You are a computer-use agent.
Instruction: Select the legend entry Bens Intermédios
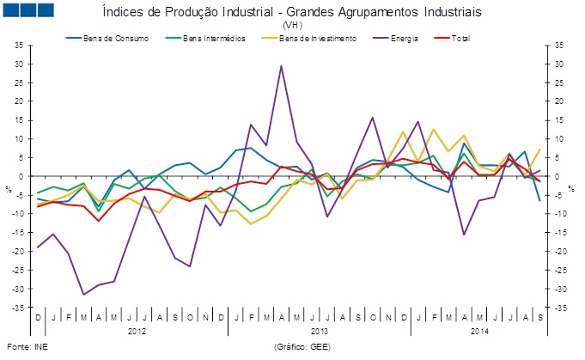pyautogui.click(x=214, y=39)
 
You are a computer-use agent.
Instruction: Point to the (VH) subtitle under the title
pyautogui.click(x=292, y=26)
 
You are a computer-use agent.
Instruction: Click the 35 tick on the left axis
pyautogui.click(x=17, y=46)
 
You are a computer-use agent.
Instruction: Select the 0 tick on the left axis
pyautogui.click(x=20, y=177)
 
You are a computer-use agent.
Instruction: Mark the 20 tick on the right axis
pyautogui.click(x=558, y=102)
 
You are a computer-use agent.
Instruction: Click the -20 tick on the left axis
pyautogui.click(x=16, y=252)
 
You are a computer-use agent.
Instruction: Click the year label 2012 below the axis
pyautogui.click(x=137, y=331)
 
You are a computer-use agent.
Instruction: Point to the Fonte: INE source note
pyautogui.click(x=25, y=348)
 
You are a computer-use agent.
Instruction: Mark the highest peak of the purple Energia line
pyautogui.click(x=281, y=65)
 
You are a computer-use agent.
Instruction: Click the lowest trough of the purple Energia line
pyautogui.click(x=83, y=295)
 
